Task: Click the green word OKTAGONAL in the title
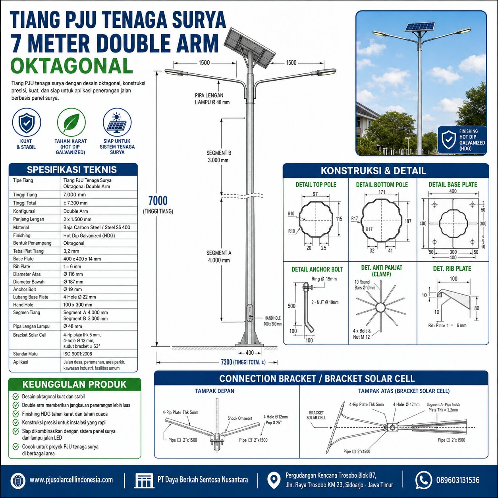pyautogui.click(x=71, y=66)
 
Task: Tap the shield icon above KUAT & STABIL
pyautogui.click(x=26, y=122)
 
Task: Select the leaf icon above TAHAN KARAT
pyautogui.click(x=71, y=122)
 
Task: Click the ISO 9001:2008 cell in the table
pyautogui.click(x=78, y=354)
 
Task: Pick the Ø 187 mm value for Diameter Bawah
pyautogui.click(x=73, y=282)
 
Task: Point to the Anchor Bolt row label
pyautogui.click(x=25, y=290)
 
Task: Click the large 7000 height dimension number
pyautogui.click(x=158, y=201)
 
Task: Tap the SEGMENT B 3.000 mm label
pyautogui.click(x=219, y=156)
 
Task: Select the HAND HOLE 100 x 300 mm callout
pyautogui.click(x=273, y=321)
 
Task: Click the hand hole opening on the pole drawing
pyautogui.click(x=250, y=313)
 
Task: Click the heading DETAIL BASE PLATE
pyautogui.click(x=453, y=185)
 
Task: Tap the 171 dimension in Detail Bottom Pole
pyautogui.click(x=382, y=192)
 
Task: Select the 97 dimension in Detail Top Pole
pyautogui.click(x=315, y=194)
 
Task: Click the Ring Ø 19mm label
pyautogui.click(x=324, y=279)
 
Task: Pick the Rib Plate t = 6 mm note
pyautogui.click(x=447, y=325)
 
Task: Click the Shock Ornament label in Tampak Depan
pyautogui.click(x=240, y=418)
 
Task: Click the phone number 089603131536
pyautogui.click(x=457, y=480)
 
